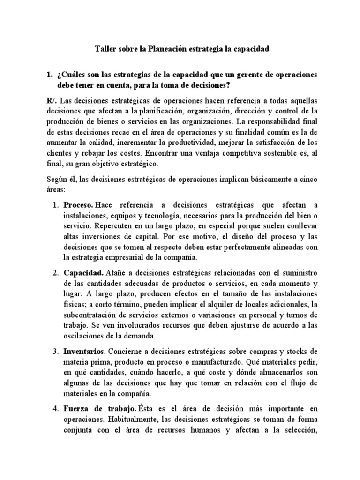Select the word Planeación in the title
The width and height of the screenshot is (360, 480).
(166, 49)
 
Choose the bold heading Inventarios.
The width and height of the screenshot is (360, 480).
(86, 351)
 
